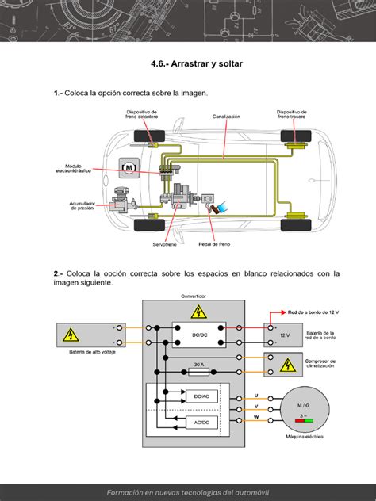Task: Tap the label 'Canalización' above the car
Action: (226, 116)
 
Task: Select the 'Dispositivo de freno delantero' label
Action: (143, 116)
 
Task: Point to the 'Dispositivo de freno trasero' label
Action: (293, 116)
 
